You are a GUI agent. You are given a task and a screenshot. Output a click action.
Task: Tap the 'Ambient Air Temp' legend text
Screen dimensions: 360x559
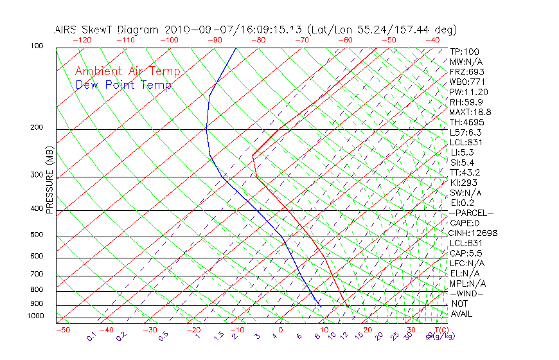click(x=128, y=71)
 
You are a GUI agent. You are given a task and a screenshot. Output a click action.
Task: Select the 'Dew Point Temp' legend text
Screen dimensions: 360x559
click(x=123, y=85)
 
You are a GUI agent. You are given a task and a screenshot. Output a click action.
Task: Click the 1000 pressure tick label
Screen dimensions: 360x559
click(x=36, y=316)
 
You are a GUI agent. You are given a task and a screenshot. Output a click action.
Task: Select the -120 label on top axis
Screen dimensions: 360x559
click(x=82, y=40)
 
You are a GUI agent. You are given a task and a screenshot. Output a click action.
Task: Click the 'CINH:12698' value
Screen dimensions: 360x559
click(x=474, y=233)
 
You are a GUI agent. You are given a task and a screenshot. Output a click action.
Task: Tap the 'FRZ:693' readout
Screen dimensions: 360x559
click(x=467, y=71)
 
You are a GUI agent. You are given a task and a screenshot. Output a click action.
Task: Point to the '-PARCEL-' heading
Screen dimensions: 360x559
click(x=472, y=213)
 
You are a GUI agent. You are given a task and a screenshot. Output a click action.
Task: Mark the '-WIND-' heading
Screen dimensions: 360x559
click(x=467, y=293)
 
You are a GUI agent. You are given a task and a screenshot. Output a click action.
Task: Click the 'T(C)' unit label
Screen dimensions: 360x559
click(x=439, y=329)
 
